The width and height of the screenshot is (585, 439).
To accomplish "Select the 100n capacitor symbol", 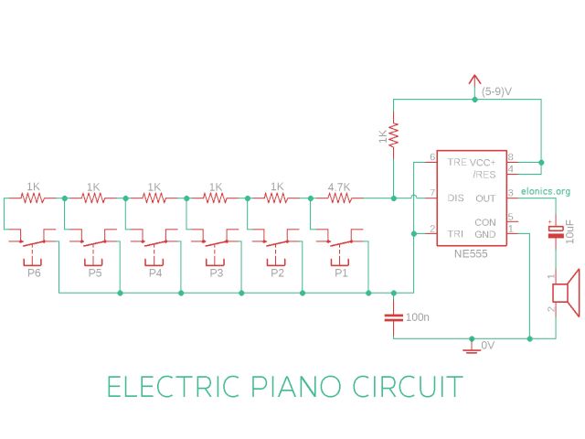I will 393,316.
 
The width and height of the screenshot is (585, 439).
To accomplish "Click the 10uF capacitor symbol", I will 554,231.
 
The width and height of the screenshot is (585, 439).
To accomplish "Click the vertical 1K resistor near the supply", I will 393,135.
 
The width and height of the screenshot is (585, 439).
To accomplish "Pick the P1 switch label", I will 340,273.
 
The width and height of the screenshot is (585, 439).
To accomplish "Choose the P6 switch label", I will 34,273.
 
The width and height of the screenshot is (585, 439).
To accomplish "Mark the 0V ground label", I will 488,346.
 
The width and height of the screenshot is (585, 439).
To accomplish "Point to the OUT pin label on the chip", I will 485,198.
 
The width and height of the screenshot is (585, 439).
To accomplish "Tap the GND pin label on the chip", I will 485,234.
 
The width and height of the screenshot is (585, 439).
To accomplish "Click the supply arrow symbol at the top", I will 473,82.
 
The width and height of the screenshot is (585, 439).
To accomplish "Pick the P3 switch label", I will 217,273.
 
